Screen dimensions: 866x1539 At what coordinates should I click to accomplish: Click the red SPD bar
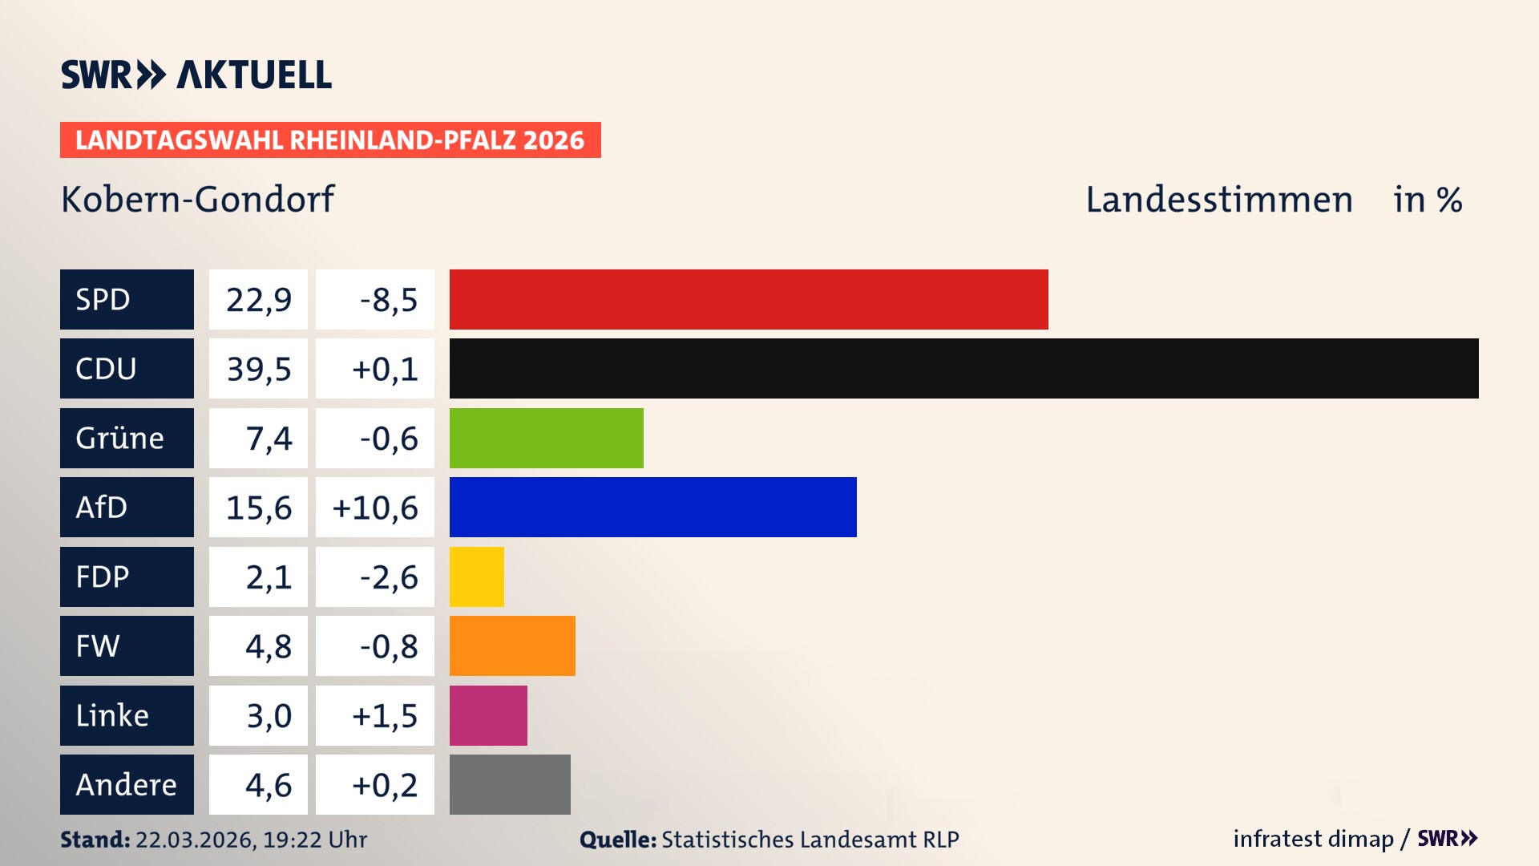tap(749, 299)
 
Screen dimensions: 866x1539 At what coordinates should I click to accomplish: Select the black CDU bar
tap(963, 368)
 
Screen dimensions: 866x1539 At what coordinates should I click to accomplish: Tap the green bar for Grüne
tap(546, 438)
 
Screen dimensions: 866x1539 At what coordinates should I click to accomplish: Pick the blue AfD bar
tap(652, 507)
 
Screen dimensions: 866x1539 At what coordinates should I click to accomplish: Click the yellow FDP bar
tap(476, 577)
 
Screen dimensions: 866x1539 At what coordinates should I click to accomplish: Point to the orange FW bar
tap(512, 645)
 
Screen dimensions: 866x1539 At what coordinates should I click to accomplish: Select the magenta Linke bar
tap(488, 715)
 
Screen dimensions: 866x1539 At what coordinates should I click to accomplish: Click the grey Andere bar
tap(510, 784)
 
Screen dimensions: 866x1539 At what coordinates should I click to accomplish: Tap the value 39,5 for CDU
tap(258, 369)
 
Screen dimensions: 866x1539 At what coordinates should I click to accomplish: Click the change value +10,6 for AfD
tap(375, 508)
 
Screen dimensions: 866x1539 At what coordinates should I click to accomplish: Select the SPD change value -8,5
tap(388, 300)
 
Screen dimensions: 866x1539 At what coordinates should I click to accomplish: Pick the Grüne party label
tap(120, 438)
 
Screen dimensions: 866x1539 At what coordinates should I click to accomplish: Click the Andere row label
tap(126, 784)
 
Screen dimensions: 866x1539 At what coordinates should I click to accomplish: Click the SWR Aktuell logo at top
tap(196, 75)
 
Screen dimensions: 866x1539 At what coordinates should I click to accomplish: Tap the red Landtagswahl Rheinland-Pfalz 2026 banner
tap(330, 140)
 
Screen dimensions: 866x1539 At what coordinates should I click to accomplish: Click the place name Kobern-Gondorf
tap(197, 199)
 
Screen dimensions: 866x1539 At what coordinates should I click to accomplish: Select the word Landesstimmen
tap(1218, 200)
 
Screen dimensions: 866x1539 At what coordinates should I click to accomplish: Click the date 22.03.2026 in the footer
tap(195, 840)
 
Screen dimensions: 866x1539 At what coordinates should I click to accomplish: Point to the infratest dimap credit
tap(1313, 839)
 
